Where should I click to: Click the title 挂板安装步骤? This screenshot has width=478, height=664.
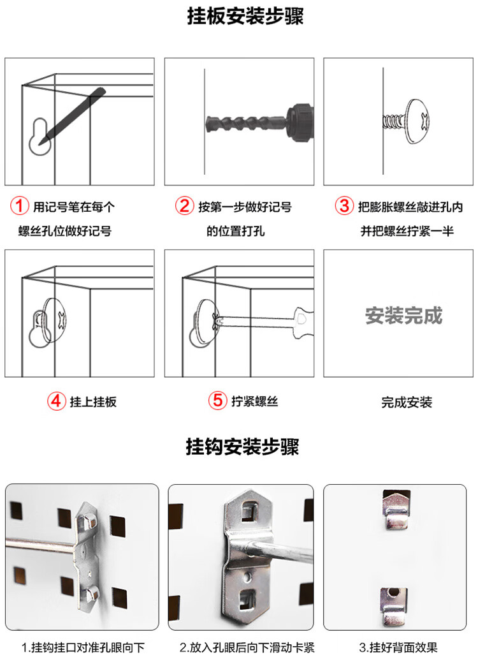pos(245,16)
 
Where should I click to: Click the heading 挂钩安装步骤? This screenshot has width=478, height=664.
pos(242,446)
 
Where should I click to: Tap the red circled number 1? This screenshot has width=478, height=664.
pos(20,206)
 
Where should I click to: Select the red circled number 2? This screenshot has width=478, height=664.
pos(184,206)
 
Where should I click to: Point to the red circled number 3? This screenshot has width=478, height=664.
pos(344,206)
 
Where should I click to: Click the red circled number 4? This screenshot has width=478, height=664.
pos(56,401)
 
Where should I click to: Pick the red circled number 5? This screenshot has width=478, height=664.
pos(217,400)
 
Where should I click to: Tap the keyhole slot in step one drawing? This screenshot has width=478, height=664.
pos(40,136)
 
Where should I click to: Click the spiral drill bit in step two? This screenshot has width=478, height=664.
pos(246,124)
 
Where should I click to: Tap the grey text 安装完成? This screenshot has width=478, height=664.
pos(404,316)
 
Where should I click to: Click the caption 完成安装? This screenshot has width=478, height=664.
pos(407,402)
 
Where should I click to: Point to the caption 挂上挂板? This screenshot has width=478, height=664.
pos(93,401)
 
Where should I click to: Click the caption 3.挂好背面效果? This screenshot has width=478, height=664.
pos(398,647)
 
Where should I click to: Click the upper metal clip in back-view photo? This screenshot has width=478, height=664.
pos(396,510)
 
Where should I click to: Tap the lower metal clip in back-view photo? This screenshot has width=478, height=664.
pos(393,607)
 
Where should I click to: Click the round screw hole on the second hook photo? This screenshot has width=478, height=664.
pos(248,577)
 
